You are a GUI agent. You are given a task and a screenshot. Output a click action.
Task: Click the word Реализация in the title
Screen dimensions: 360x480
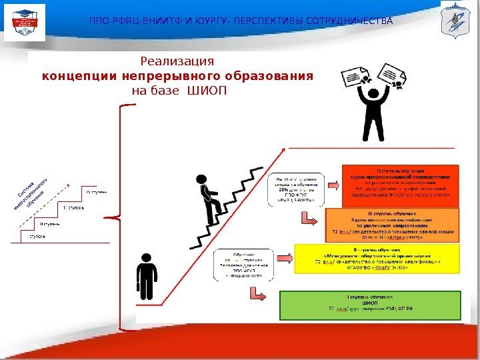[177, 61]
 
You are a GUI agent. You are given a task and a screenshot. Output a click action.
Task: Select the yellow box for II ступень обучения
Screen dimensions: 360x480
[377, 258]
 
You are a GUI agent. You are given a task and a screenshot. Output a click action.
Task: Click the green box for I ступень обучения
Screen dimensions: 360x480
[369, 305]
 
